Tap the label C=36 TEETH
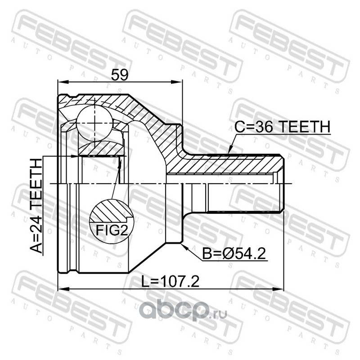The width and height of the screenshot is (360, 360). [x=282, y=126]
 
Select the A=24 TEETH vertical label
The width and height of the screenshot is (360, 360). [x=36, y=206]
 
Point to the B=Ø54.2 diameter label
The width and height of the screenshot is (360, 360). [x=234, y=254]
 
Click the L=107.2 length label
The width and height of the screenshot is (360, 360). [x=170, y=282]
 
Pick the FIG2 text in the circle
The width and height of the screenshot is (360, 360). [x=111, y=230]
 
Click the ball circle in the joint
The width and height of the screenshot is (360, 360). [x=94, y=123]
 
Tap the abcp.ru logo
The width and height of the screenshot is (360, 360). [x=183, y=310]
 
